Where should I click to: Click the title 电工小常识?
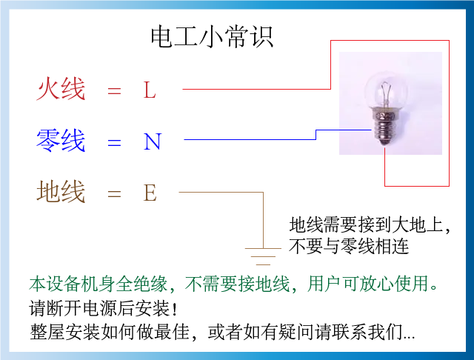point(212,36)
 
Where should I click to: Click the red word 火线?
point(61,89)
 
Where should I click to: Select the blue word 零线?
point(61,140)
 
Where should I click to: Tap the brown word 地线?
point(61,193)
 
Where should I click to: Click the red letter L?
point(150,90)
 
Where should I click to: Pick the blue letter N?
point(152,141)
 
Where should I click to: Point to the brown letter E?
point(150,194)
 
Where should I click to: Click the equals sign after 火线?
point(113,91)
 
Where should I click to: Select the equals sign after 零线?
point(113,142)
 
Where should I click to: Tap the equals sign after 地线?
point(113,195)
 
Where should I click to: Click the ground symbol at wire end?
point(263,256)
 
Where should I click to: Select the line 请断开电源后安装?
point(103,307)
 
